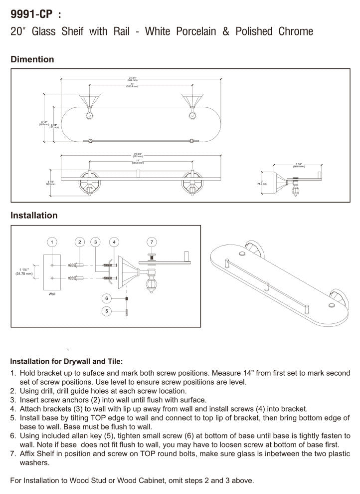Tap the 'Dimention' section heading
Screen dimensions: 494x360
click(32, 59)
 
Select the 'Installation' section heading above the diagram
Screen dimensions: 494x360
click(34, 216)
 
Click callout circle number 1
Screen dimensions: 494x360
click(51, 242)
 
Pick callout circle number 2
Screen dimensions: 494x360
click(79, 242)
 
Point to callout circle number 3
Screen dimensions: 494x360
click(96, 242)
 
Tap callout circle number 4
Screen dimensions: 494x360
click(114, 242)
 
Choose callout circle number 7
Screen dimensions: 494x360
click(153, 242)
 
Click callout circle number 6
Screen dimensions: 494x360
click(106, 298)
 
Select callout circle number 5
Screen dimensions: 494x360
click(106, 311)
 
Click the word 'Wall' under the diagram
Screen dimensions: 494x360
click(52, 294)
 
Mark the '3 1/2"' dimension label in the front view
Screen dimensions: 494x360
click(50, 181)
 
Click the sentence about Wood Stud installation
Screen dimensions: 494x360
click(132, 481)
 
